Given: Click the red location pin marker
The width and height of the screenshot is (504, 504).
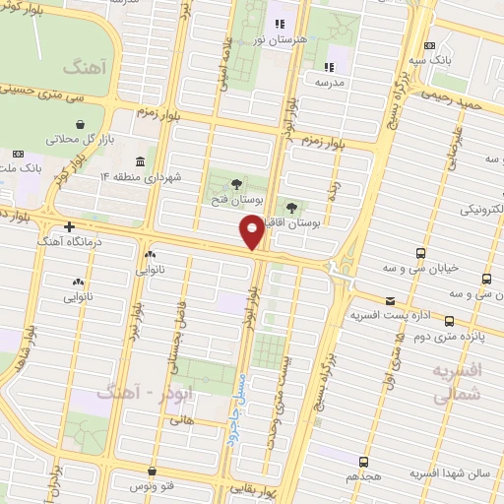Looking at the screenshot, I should tap(252, 232).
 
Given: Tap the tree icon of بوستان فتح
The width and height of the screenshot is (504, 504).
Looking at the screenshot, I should tap(235, 184).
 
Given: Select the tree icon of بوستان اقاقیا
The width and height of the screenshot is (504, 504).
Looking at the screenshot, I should tap(292, 206).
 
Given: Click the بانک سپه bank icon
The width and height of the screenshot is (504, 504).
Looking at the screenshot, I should tap(429, 45).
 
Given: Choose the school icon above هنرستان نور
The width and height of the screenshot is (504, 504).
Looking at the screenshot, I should tap(279, 24).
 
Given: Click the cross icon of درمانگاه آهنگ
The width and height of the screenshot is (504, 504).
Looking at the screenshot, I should tap(69, 226).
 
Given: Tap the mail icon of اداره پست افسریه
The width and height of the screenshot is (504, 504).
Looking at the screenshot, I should tap(390, 300).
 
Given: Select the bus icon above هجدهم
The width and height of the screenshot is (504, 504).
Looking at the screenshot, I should tap(363, 461).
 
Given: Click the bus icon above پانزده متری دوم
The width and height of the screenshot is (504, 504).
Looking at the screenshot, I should tap(450, 320).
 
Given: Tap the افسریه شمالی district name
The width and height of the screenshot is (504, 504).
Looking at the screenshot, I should tap(457, 382).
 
